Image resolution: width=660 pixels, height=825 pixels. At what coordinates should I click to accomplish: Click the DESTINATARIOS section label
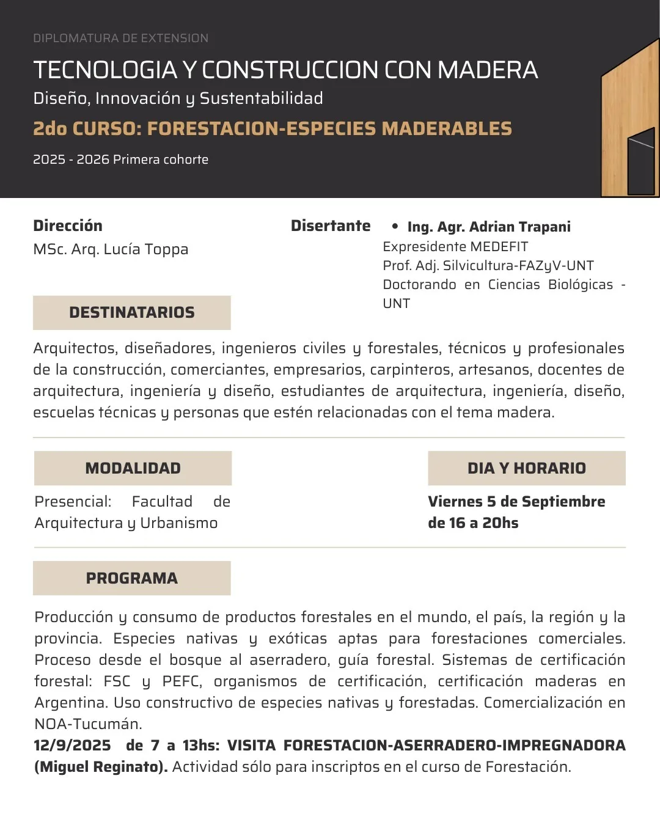pos(131,312)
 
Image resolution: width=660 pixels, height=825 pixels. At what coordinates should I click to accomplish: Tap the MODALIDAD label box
pos(133,468)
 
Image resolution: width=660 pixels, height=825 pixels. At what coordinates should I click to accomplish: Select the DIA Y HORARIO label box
pos(526,468)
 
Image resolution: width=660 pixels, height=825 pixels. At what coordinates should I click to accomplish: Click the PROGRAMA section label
pos(131,578)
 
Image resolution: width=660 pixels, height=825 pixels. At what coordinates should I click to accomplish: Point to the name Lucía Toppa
pos(145,249)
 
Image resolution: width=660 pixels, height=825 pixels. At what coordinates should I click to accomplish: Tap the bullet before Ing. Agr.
pos(395,226)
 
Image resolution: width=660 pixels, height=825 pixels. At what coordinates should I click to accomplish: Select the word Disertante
pos(331,226)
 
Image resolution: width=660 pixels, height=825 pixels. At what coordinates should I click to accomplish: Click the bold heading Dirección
pos(68,226)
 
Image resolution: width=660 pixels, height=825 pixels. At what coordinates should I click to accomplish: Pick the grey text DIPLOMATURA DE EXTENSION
pos(120,38)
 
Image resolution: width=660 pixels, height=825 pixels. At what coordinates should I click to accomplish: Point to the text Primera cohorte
pos(161,159)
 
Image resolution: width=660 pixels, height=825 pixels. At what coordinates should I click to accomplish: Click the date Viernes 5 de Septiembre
pos(516,502)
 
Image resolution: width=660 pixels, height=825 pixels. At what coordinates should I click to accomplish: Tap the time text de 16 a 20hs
pos(473,523)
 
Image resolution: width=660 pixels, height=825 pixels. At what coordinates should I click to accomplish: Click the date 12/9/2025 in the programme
pos(73,746)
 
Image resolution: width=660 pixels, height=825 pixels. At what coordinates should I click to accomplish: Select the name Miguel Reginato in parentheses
pos(101,767)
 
